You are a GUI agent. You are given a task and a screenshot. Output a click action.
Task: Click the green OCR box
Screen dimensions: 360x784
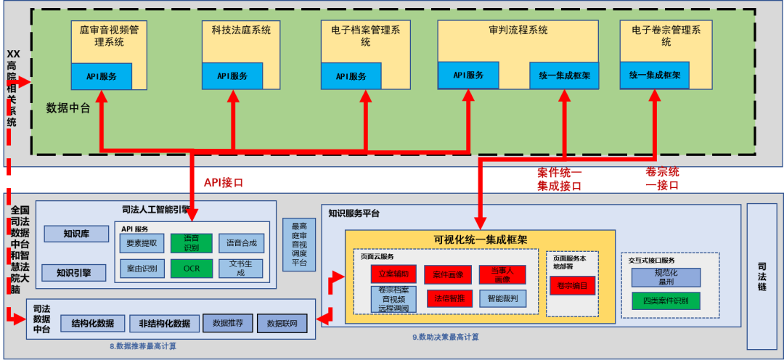pyautogui.click(x=192, y=268)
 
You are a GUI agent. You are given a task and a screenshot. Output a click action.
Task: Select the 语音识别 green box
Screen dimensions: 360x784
pyautogui.click(x=192, y=242)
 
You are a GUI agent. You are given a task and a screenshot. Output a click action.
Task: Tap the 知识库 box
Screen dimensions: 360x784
pyautogui.click(x=76, y=234)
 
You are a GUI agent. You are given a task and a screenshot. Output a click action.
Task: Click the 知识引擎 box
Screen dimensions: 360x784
pyautogui.click(x=76, y=273)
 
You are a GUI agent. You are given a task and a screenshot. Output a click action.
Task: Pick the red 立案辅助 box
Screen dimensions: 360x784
pyautogui.click(x=393, y=274)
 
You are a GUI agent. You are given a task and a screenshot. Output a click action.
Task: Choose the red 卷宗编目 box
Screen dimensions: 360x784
pyautogui.click(x=572, y=286)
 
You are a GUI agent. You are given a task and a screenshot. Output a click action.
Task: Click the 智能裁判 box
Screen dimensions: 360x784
pyautogui.click(x=502, y=298)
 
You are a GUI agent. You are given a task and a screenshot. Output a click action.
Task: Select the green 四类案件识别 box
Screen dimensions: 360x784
pyautogui.click(x=666, y=300)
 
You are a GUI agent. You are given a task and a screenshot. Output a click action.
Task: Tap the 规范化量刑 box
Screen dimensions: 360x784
pyautogui.click(x=666, y=277)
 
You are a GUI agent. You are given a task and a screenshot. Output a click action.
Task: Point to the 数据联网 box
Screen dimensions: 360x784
pyautogui.click(x=282, y=323)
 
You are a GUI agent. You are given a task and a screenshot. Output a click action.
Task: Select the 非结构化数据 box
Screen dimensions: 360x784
pyautogui.click(x=164, y=323)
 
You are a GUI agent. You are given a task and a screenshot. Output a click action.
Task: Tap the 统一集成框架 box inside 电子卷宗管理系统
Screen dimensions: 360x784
pyautogui.click(x=655, y=75)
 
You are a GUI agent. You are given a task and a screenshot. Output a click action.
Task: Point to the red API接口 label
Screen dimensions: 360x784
pyautogui.click(x=224, y=182)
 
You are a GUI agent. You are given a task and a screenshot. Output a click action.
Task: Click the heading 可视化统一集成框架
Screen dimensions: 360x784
pyautogui.click(x=480, y=240)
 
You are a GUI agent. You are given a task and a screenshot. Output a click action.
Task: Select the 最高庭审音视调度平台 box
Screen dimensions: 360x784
pyautogui.click(x=299, y=245)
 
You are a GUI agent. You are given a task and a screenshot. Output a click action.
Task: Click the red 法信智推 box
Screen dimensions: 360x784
pyautogui.click(x=449, y=298)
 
